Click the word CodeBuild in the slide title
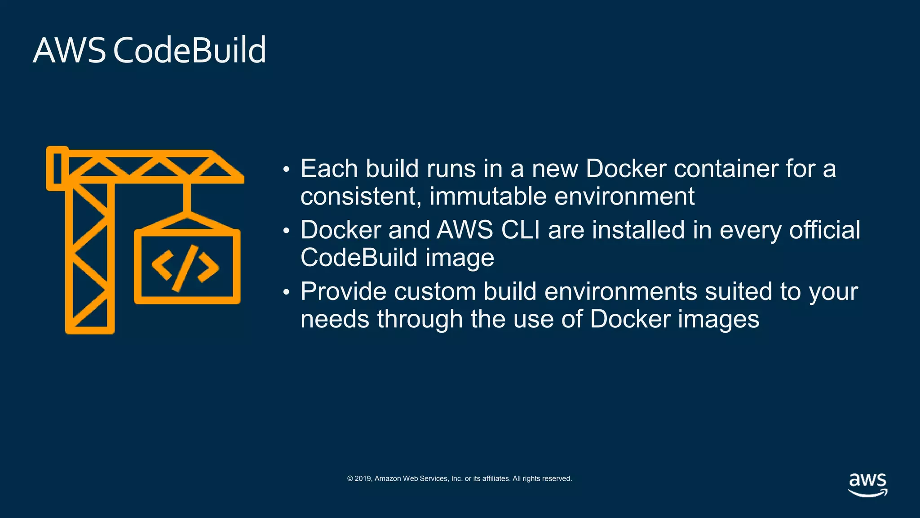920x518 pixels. coord(190,50)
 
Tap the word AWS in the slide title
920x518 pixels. coord(69,50)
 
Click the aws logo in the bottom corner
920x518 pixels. coord(867,484)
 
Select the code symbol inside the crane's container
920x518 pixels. coord(185,268)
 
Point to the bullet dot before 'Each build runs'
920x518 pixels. coord(287,170)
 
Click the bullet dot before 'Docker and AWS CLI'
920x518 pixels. coord(287,231)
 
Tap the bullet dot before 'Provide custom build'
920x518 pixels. coord(287,292)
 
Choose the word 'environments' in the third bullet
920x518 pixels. coord(620,291)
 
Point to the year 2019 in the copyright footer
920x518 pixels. coord(363,478)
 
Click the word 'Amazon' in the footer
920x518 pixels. coord(388,478)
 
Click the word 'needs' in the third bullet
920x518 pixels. coord(335,319)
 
